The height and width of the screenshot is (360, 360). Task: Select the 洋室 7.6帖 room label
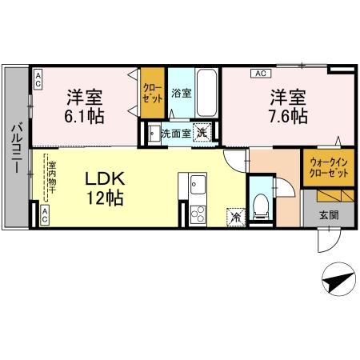click(x=288, y=106)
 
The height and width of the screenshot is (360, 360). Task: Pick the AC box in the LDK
click(x=45, y=213)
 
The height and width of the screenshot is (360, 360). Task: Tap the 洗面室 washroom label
click(x=176, y=134)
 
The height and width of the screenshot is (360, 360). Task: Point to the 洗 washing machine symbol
click(x=205, y=134)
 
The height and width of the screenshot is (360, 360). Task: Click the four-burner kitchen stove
click(x=197, y=214)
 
